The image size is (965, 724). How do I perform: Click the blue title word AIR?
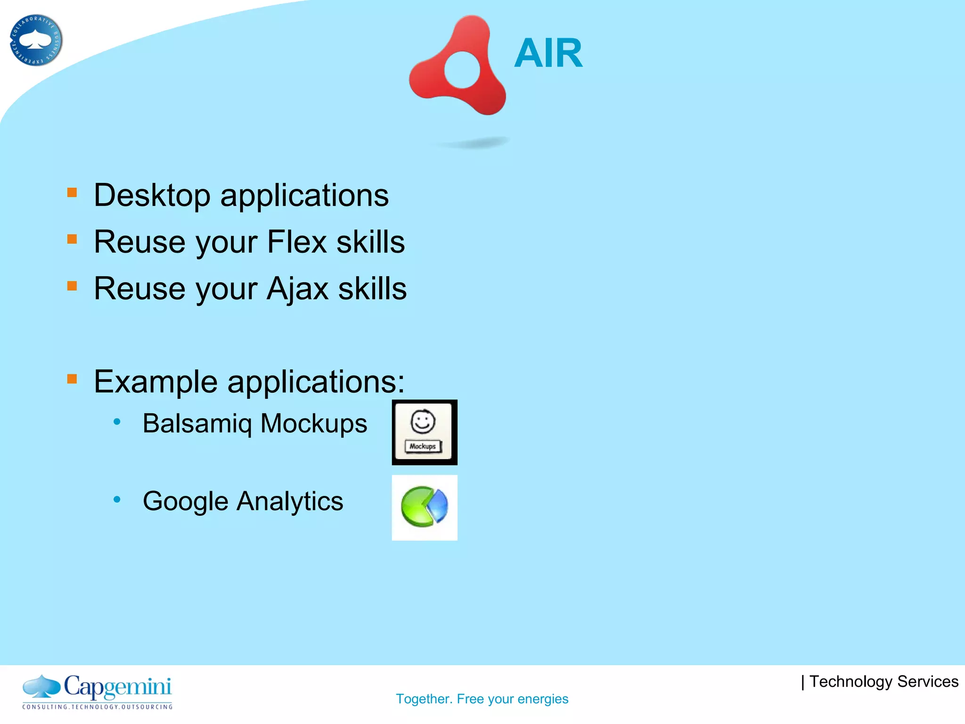[x=548, y=53]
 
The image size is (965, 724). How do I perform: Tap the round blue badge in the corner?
[x=36, y=40]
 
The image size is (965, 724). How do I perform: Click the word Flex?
[x=297, y=242]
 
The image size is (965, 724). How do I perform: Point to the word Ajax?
[x=297, y=289]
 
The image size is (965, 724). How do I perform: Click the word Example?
[x=155, y=382]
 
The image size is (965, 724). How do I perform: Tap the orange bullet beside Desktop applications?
[x=72, y=192]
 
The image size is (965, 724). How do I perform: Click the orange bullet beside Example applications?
[x=72, y=379]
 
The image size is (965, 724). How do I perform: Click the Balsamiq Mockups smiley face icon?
[x=424, y=432]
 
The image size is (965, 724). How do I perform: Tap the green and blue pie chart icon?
[x=424, y=507]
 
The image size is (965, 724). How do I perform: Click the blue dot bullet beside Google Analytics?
[x=117, y=499]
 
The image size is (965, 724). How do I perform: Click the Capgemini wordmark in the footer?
[x=118, y=687]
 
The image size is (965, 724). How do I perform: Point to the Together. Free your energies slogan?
[x=482, y=699]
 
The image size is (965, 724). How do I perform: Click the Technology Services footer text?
[x=883, y=682]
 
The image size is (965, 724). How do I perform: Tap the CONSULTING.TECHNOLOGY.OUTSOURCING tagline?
[x=98, y=707]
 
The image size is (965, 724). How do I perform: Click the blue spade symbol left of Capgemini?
[x=41, y=686]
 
